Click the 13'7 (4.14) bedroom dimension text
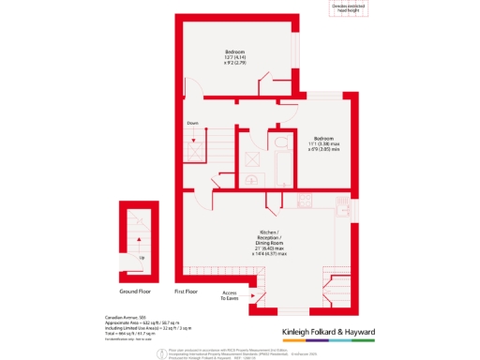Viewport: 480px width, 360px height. pyautogui.click(x=234, y=59)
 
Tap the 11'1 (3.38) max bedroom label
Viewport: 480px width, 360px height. pyautogui.click(x=323, y=141)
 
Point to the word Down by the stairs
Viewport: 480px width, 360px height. pyautogui.click(x=192, y=123)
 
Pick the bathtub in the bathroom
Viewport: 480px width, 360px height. pyautogui.click(x=251, y=146)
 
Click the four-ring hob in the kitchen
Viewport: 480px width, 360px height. pyautogui.click(x=305, y=200)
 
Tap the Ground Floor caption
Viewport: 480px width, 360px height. pyautogui.click(x=136, y=278)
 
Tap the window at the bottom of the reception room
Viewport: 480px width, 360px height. pyautogui.click(x=293, y=311)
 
